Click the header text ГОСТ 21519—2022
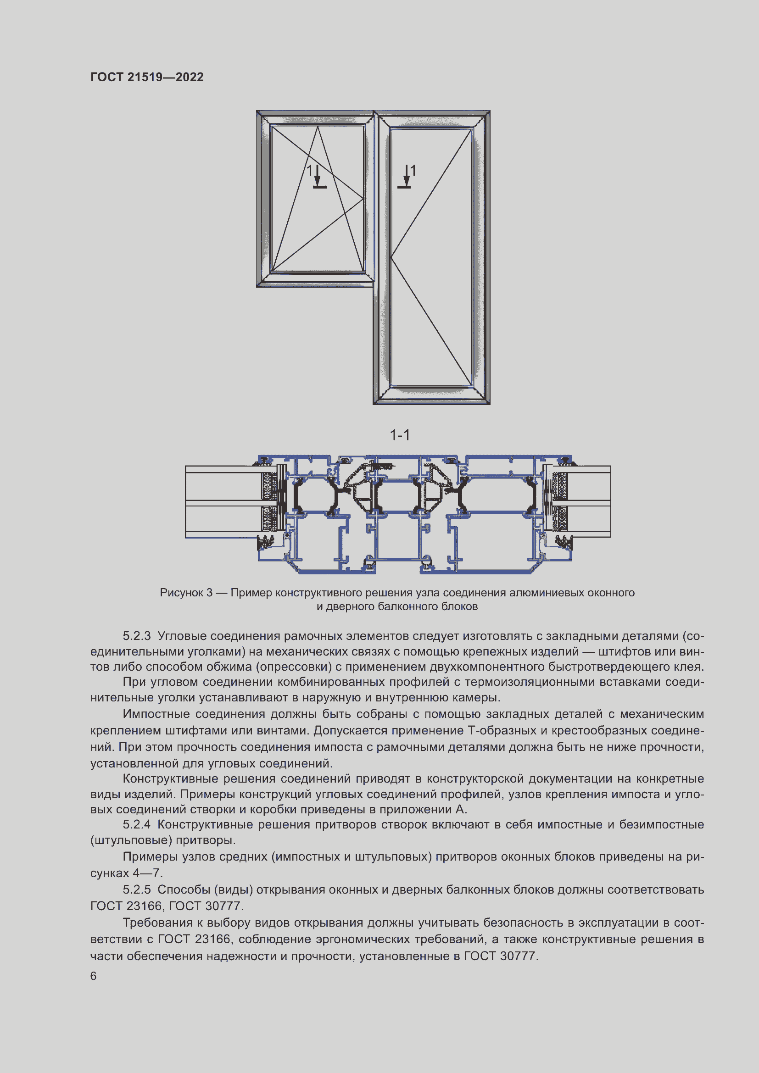tap(147, 77)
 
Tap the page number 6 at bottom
tap(94, 976)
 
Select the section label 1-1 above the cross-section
tap(400, 435)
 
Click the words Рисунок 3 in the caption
tap(186, 593)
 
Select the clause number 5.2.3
tap(136, 636)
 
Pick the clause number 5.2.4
tap(136, 824)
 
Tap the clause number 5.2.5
tap(136, 890)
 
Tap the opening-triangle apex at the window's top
tap(318, 127)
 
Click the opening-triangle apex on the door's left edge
tap(391, 257)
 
